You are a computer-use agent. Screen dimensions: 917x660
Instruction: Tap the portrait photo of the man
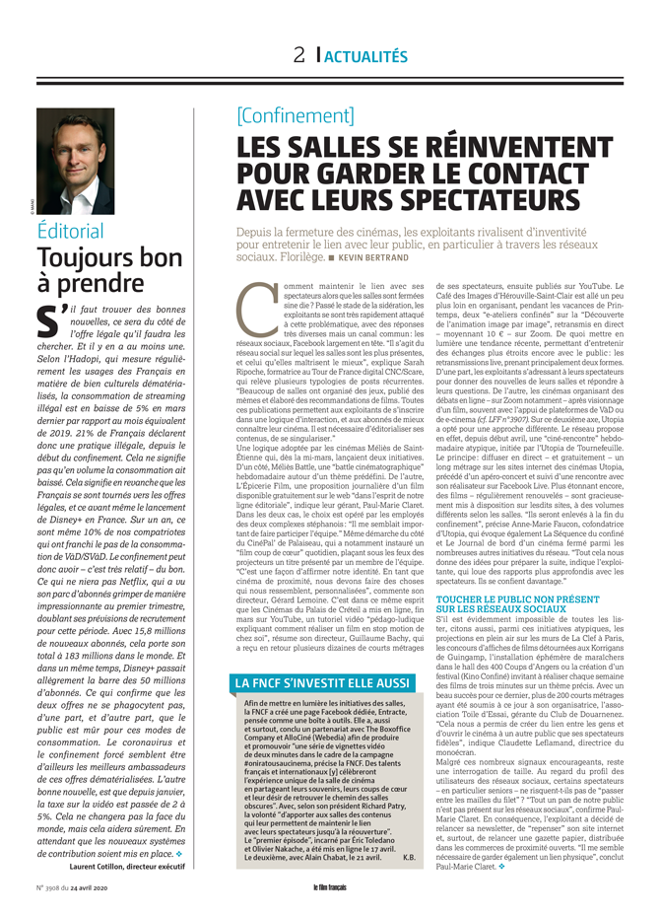click(75, 161)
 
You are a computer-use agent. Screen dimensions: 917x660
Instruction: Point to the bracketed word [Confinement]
click(295, 116)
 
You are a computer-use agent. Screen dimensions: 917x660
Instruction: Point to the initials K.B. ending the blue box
click(408, 857)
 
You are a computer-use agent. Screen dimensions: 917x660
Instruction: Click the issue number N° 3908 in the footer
click(52, 887)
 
